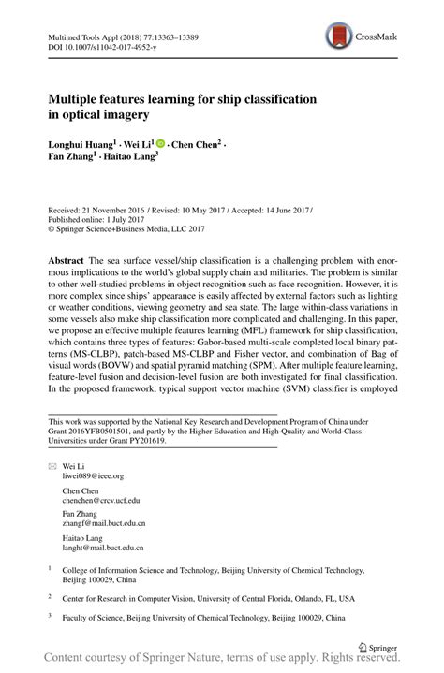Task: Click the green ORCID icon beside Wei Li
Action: point(160,143)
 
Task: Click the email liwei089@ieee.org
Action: point(93,475)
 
